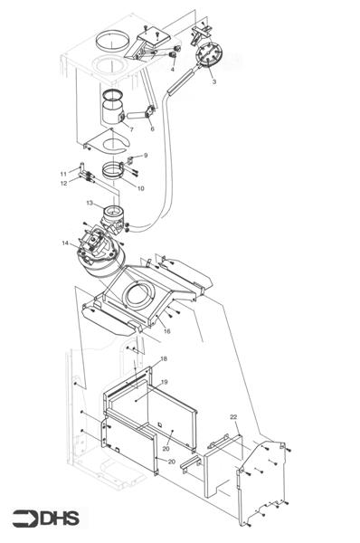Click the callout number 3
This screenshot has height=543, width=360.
click(x=213, y=82)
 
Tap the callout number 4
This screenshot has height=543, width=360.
click(x=173, y=69)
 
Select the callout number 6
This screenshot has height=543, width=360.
click(x=152, y=129)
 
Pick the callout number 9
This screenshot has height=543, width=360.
click(x=145, y=156)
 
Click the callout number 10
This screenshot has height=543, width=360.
click(x=140, y=187)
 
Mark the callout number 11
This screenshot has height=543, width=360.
click(x=63, y=172)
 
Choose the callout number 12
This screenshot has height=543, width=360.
click(x=63, y=184)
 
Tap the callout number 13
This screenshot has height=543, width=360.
click(x=90, y=204)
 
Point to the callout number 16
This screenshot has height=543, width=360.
click(x=166, y=331)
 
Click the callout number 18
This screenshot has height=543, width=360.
click(x=163, y=359)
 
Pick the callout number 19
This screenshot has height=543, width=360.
click(x=164, y=382)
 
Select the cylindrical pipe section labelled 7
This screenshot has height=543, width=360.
click(x=114, y=113)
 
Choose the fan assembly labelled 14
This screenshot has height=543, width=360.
click(x=98, y=252)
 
